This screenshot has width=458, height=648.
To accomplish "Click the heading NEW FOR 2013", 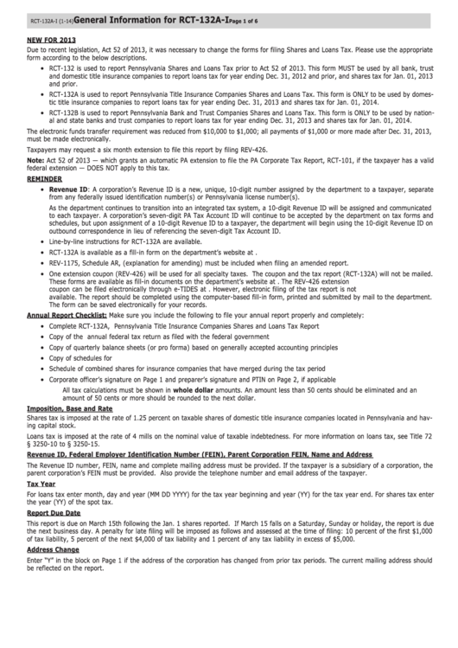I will click(x=51, y=40).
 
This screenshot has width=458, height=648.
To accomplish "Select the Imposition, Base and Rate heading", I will click(x=69, y=407).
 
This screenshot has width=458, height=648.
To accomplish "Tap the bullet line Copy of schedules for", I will click(x=81, y=357).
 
